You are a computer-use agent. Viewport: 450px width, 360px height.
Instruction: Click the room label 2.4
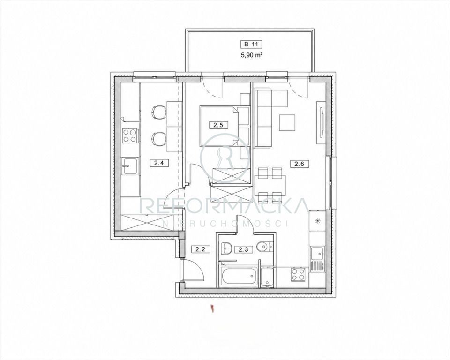(159, 164)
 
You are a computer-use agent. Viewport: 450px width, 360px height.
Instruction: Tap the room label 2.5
(217, 125)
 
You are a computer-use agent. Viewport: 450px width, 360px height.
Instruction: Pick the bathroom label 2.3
(241, 249)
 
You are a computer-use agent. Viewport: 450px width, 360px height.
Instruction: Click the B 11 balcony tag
(251, 44)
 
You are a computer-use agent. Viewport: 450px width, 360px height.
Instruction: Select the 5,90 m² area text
(251, 56)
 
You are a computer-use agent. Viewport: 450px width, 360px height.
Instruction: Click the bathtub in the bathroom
(239, 277)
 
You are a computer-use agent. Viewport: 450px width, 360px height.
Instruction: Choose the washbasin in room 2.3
(227, 247)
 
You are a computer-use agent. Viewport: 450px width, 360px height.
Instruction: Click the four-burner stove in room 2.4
(130, 135)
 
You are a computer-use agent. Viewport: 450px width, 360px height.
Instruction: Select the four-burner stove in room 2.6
(298, 274)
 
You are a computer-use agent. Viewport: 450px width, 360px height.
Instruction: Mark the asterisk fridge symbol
(317, 220)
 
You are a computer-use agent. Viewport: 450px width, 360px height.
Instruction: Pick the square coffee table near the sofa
(287, 123)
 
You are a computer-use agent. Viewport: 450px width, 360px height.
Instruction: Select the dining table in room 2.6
(270, 185)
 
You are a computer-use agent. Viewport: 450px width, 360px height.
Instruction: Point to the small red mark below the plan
(212, 308)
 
